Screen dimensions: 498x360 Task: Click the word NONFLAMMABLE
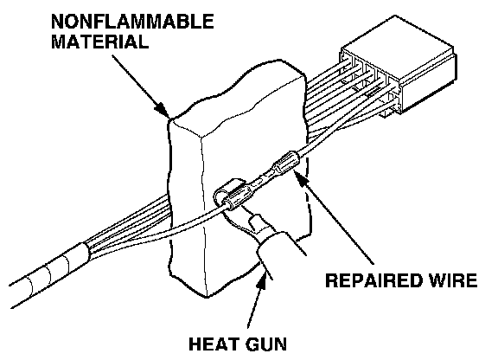pyautogui.click(x=132, y=22)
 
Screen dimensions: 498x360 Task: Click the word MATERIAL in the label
pyautogui.click(x=99, y=42)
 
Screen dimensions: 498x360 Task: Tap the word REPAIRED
pyautogui.click(x=373, y=280)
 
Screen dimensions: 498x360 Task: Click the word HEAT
pyautogui.click(x=214, y=344)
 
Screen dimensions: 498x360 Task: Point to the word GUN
pyautogui.click(x=265, y=344)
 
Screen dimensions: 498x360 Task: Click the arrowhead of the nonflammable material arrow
pyautogui.click(x=163, y=110)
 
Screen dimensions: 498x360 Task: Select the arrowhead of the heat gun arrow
pyautogui.click(x=262, y=280)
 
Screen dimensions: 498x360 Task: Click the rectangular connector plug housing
pyautogui.click(x=399, y=63)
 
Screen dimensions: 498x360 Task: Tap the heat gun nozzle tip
pyautogui.click(x=256, y=222)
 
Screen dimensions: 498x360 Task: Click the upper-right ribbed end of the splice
pyautogui.click(x=286, y=162)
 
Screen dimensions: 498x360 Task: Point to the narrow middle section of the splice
pyautogui.click(x=262, y=180)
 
